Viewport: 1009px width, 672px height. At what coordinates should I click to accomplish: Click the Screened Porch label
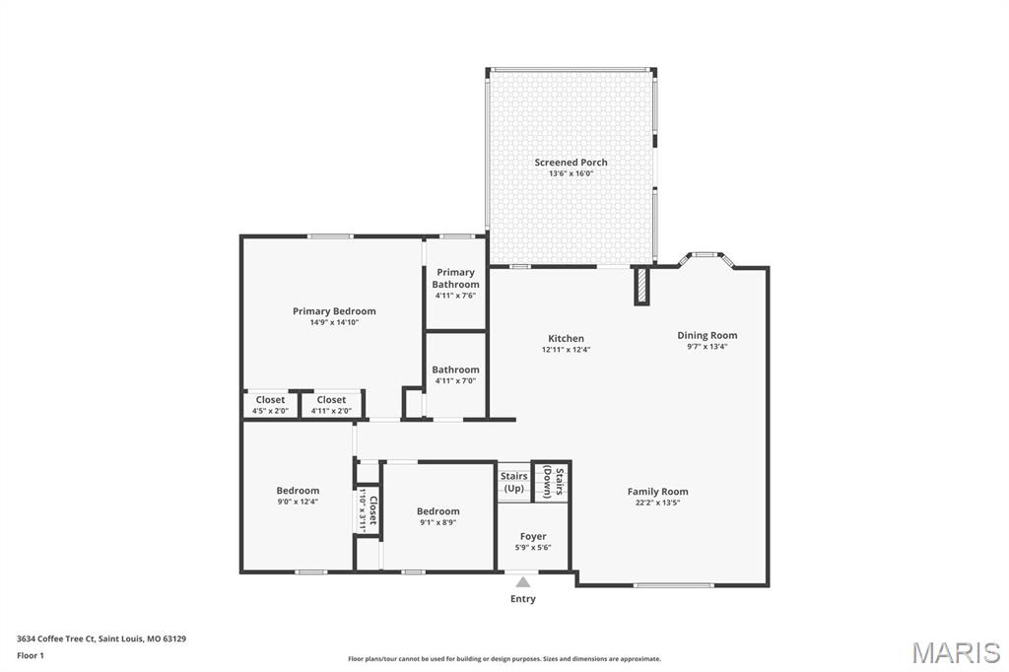[x=571, y=163]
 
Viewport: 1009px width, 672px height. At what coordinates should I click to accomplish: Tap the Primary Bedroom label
[x=334, y=311]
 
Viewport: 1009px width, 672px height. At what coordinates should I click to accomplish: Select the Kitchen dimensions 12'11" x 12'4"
[x=566, y=350]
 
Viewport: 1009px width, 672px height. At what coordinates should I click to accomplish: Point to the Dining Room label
[x=706, y=335]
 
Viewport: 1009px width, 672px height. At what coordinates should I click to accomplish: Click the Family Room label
[x=657, y=492]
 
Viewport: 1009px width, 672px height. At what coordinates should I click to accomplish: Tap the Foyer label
[x=533, y=537]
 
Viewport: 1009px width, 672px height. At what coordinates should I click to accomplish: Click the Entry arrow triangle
[x=523, y=582]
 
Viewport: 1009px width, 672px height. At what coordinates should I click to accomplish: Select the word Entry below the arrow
[x=523, y=599]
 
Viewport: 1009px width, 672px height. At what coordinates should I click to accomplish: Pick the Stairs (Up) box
[x=513, y=482]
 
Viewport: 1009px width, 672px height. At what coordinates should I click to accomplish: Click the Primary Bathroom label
[x=455, y=278]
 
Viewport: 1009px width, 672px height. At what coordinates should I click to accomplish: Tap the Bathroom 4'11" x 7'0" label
[x=455, y=374]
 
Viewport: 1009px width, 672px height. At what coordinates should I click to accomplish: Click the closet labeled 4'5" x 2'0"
[x=270, y=404]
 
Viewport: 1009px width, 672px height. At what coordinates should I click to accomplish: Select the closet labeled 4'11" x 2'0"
[x=331, y=404]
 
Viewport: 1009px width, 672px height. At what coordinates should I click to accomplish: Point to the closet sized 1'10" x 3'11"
[x=368, y=509]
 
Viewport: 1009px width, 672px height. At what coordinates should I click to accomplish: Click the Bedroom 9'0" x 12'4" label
[x=298, y=496]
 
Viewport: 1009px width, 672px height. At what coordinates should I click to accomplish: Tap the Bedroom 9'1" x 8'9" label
[x=437, y=516]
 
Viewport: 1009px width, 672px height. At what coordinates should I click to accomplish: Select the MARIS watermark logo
[x=955, y=652]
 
